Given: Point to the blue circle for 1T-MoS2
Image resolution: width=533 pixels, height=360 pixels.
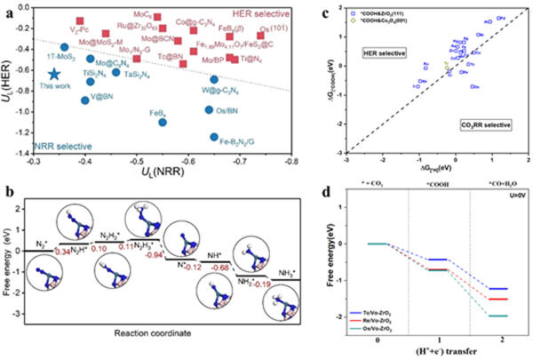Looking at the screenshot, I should click(64, 47).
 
